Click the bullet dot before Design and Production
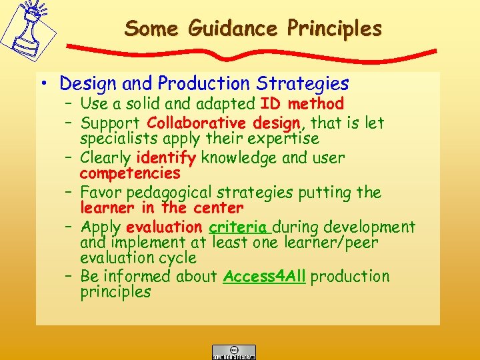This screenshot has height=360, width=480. [x=44, y=84]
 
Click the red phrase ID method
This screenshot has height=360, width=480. [x=302, y=104]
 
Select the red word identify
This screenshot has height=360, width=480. [x=165, y=158]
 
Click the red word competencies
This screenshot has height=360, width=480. [x=130, y=174]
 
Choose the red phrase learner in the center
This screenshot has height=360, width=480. [x=161, y=208]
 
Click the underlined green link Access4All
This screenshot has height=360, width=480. [x=265, y=276]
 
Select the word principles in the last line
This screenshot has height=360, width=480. [x=115, y=292]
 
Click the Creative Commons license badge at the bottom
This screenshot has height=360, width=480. [x=233, y=352]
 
